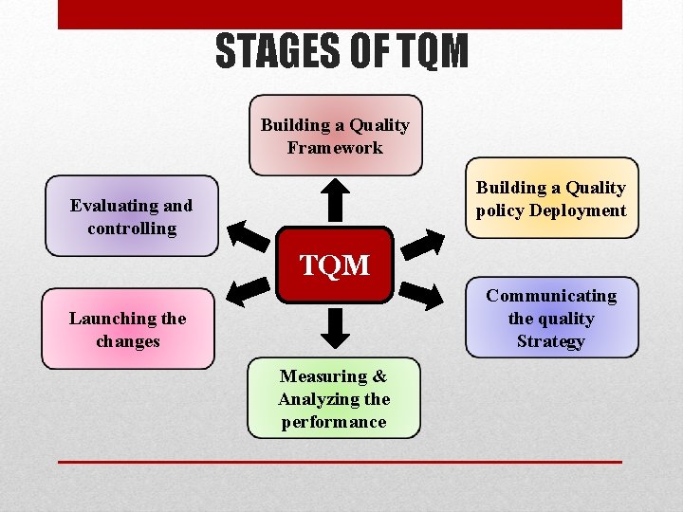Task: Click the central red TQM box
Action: coord(335,265)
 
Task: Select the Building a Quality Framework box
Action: coord(335,136)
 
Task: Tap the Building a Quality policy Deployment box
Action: coord(550,198)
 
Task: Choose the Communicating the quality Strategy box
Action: coord(550,319)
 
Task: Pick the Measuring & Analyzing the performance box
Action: coord(334,398)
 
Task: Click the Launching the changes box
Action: coord(128,329)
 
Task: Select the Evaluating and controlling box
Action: coord(131,216)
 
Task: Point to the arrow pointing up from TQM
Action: coord(335,199)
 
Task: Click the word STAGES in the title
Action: coord(275,51)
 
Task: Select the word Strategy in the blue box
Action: coord(550,341)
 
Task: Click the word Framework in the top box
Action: coord(335,148)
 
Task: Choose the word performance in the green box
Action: coord(334,422)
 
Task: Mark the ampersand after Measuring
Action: coord(378,376)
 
